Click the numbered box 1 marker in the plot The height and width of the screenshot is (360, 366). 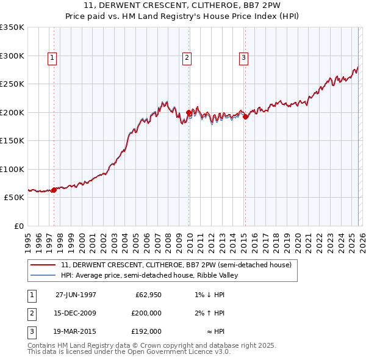53,58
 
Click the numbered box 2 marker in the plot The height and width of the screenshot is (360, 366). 187,58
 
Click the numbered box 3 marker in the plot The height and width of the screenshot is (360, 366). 243,58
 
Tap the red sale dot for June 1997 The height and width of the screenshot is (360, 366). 54,190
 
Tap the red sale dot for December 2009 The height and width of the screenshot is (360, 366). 188,113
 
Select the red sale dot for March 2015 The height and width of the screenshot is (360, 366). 245,117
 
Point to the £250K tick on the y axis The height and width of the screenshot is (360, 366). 12,84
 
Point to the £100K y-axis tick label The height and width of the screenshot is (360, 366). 12,169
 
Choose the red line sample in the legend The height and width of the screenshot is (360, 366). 43,265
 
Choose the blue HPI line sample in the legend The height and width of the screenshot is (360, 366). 43,275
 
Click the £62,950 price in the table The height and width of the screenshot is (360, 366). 146,295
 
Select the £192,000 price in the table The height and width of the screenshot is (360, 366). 146,331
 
